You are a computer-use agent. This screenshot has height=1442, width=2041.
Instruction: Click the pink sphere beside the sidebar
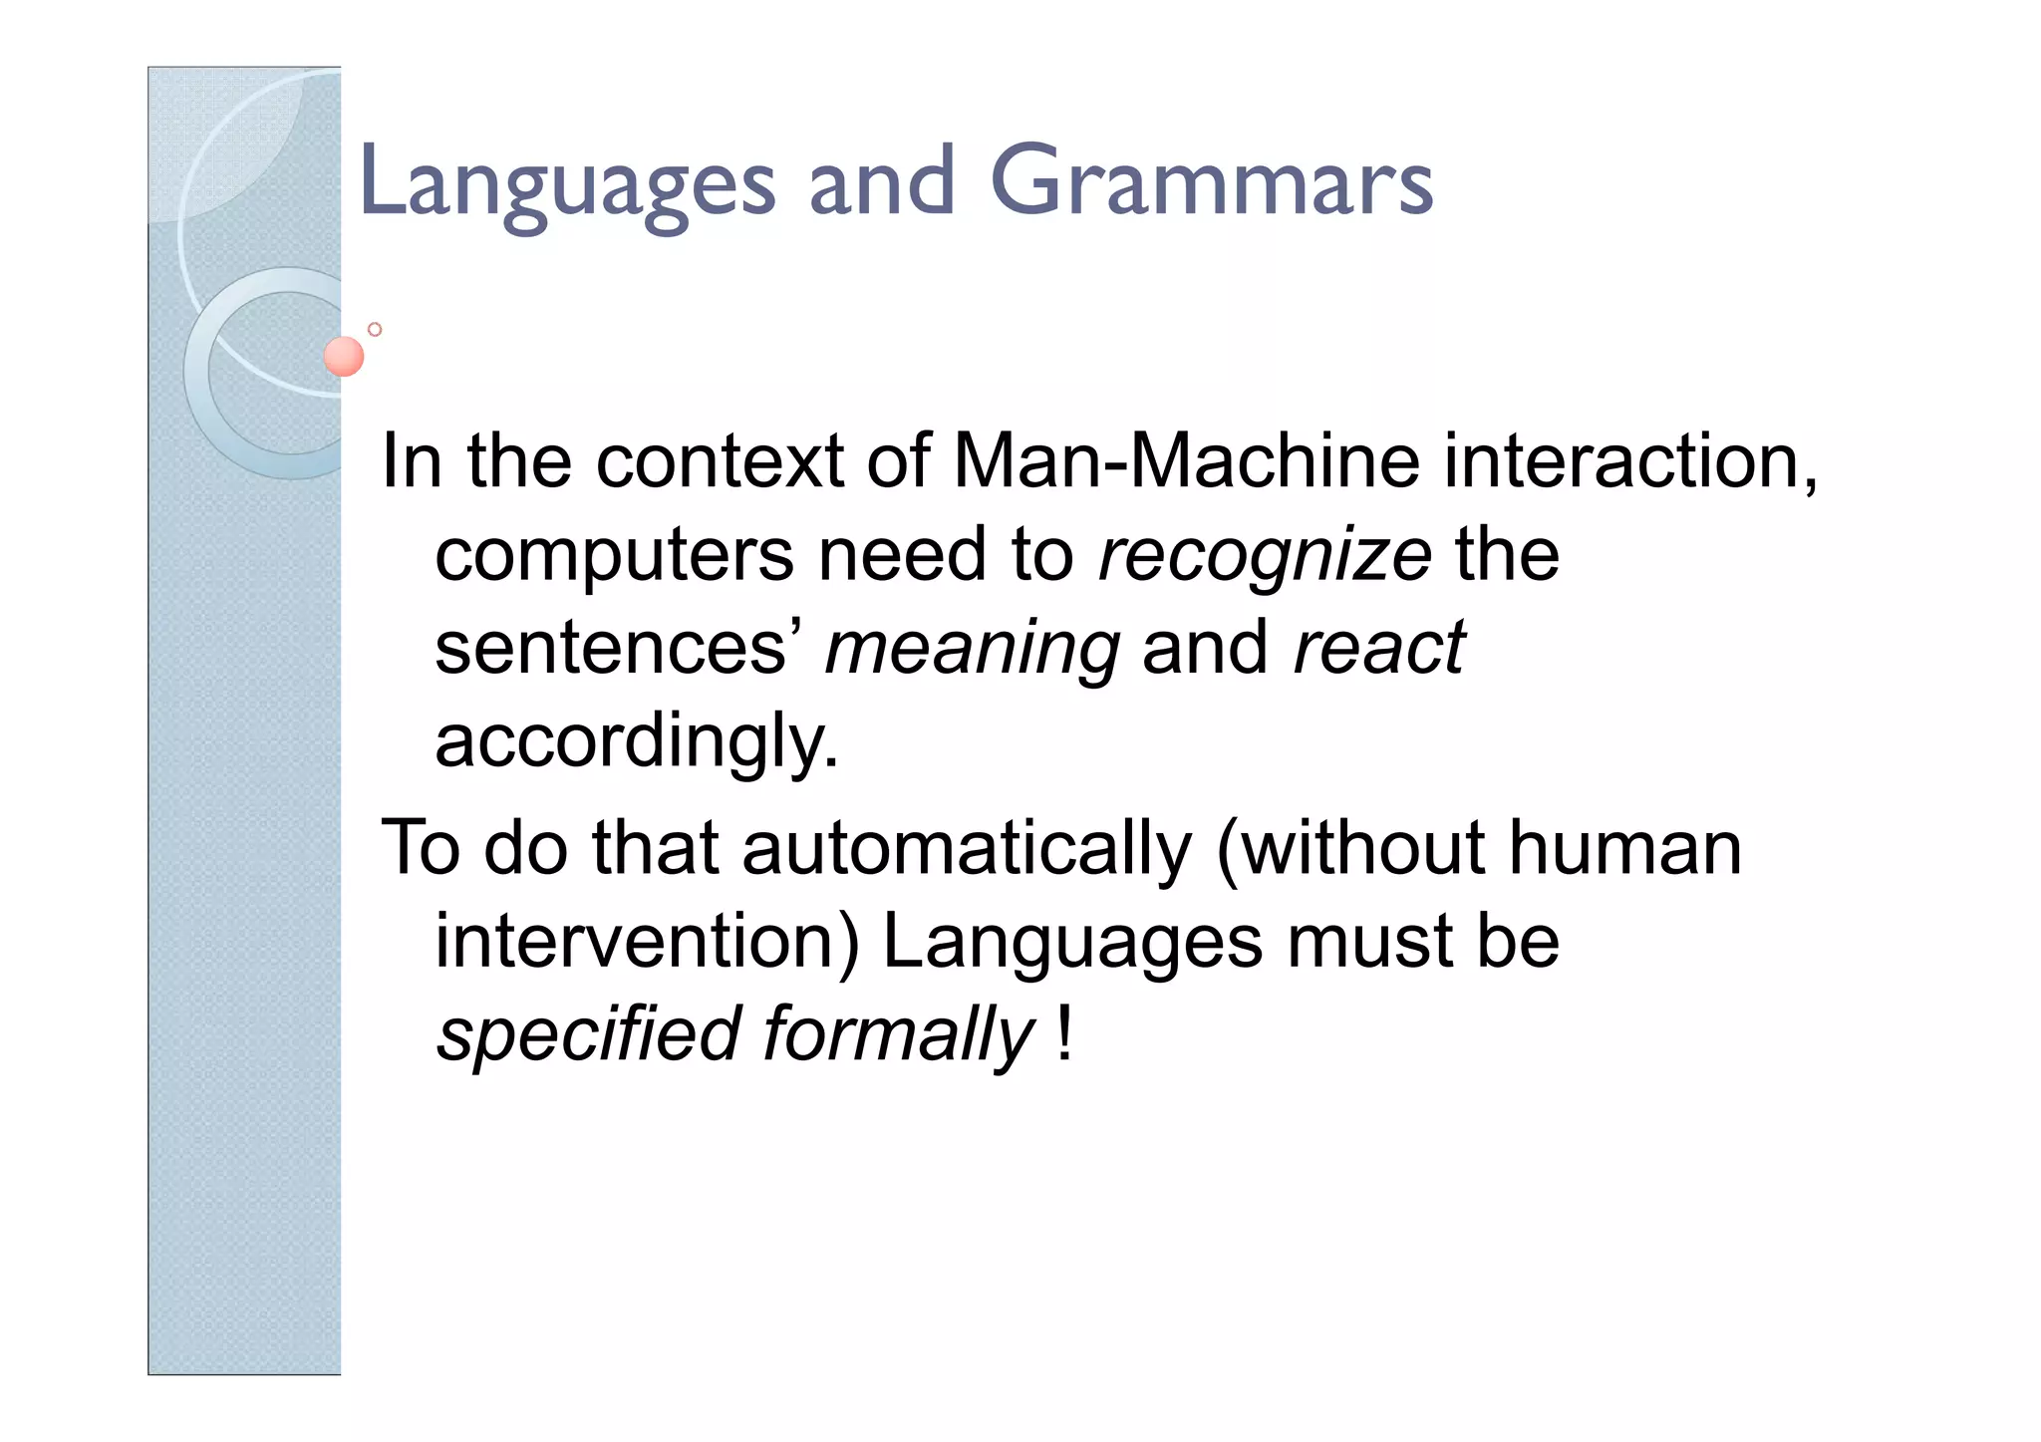coord(344,356)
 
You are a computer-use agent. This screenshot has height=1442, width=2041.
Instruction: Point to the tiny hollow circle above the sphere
coord(375,329)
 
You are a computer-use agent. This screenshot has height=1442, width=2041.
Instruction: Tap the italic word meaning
coord(972,648)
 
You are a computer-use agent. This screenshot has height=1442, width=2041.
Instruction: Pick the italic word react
coord(1378,648)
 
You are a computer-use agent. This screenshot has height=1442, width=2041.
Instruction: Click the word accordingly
coord(637,740)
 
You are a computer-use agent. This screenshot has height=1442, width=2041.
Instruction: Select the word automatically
coord(966,847)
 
